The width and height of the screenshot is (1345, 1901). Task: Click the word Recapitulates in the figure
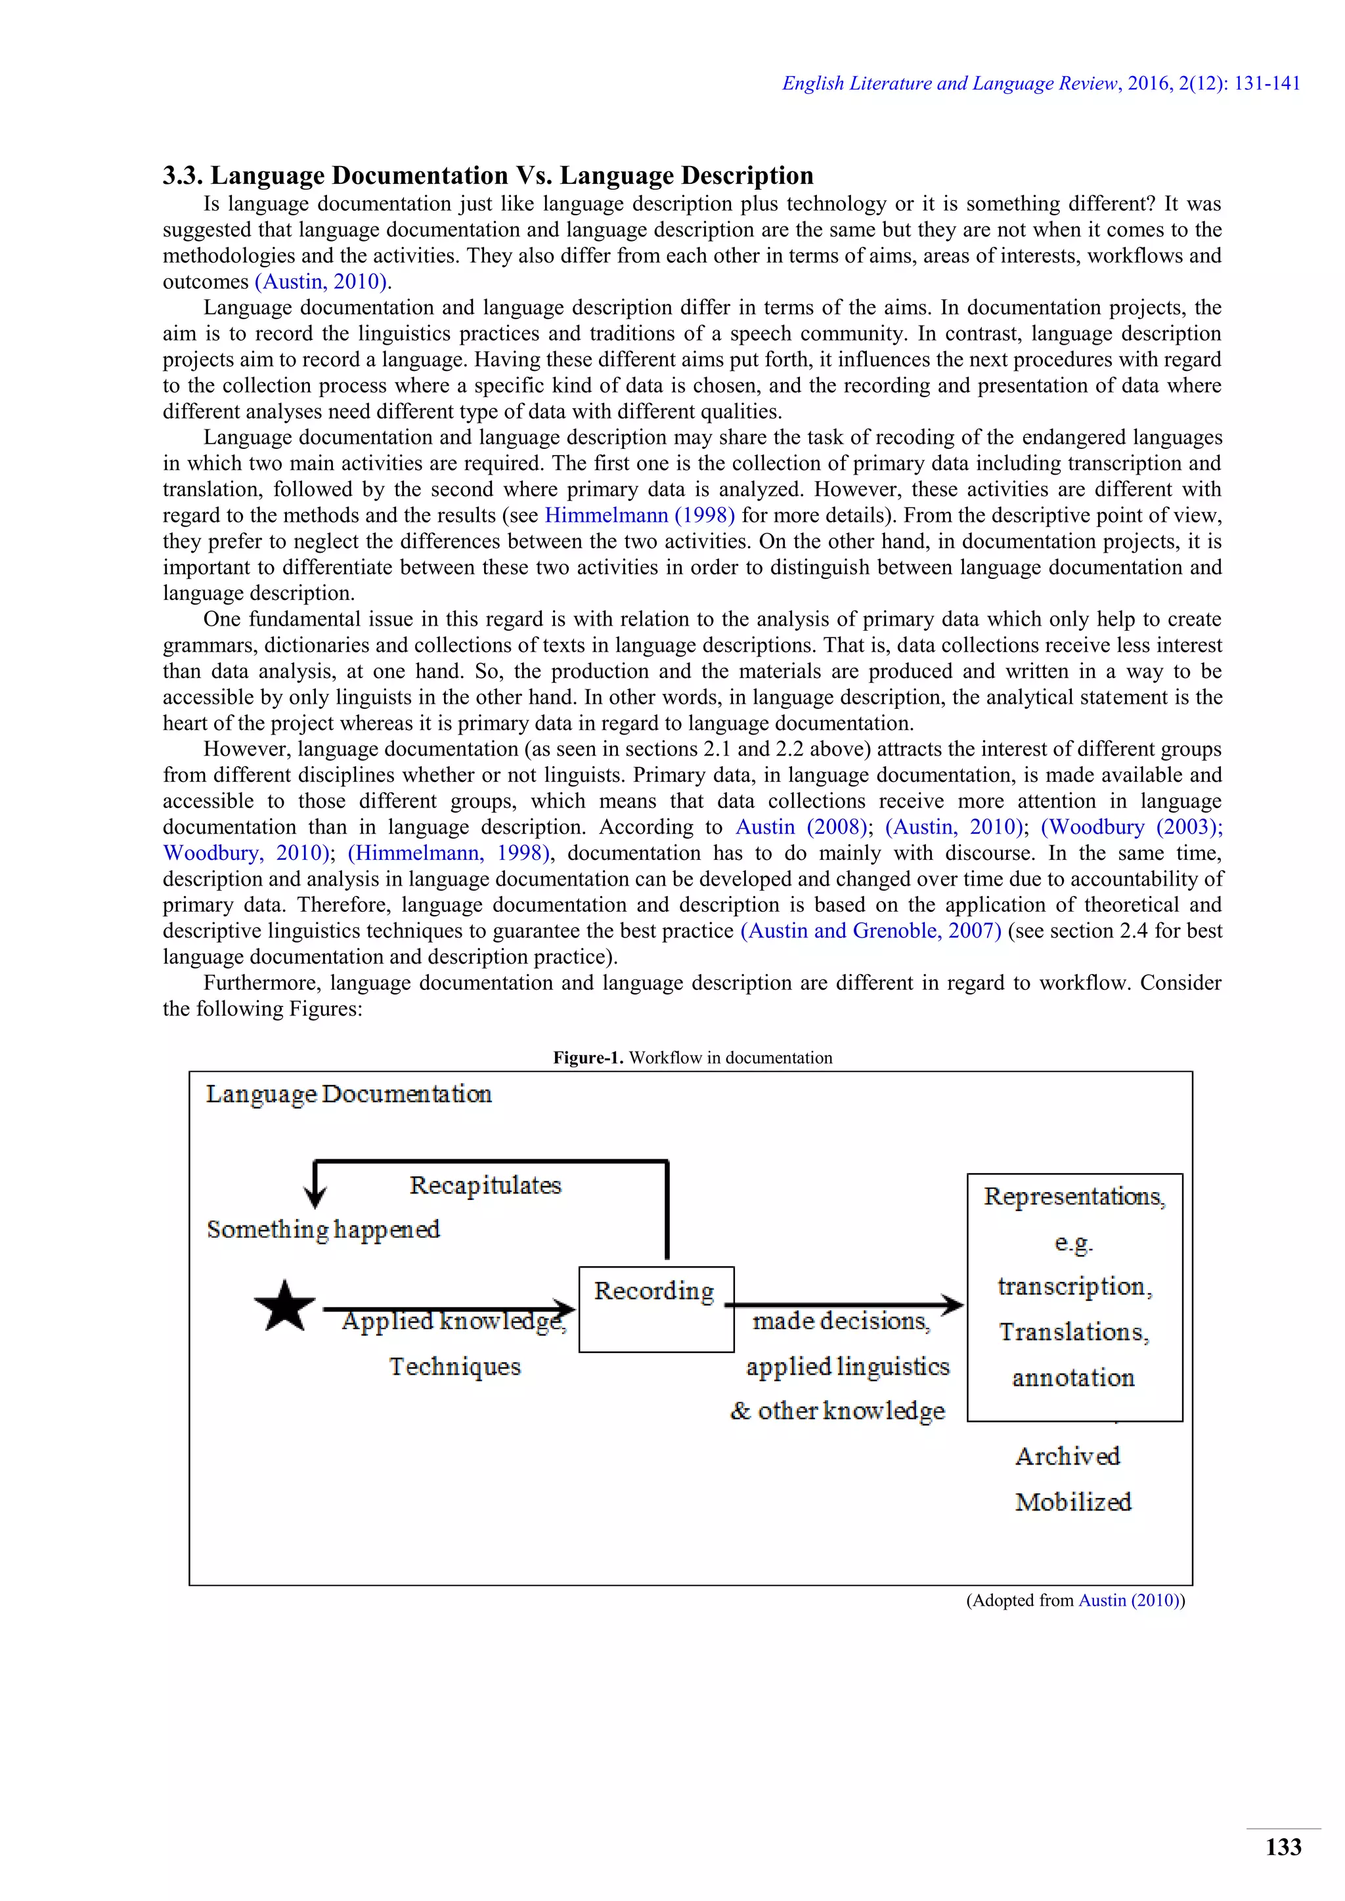(485, 1185)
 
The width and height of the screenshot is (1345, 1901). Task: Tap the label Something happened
(323, 1229)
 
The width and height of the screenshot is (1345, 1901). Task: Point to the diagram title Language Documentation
(349, 1094)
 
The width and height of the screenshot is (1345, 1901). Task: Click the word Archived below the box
(1068, 1457)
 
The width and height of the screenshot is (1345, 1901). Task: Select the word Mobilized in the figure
(1072, 1502)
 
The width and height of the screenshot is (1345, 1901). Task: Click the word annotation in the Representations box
(1072, 1378)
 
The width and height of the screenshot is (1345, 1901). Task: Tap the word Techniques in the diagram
(454, 1366)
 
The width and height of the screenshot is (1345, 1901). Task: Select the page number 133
(1283, 1847)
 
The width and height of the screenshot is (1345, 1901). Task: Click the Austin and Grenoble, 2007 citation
(870, 931)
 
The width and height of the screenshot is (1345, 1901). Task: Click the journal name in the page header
(950, 83)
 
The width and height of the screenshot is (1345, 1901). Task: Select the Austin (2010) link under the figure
(1130, 1600)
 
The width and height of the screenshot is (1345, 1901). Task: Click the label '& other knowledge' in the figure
(837, 1411)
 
